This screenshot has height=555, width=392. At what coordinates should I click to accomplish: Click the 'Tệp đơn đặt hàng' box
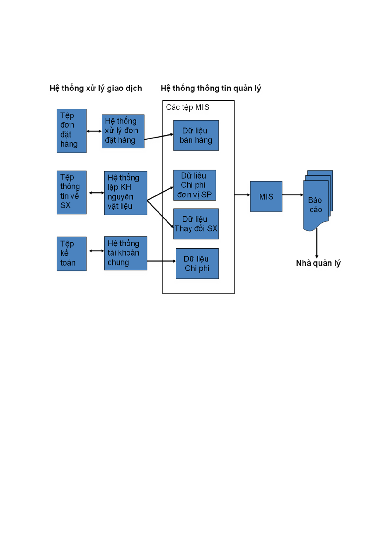pos(71,130)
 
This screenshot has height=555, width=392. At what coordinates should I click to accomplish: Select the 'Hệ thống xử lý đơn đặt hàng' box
pos(123,131)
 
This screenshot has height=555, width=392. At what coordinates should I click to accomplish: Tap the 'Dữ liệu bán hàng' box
pos(196,135)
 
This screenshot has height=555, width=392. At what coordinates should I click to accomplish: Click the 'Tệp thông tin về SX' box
pos(71,192)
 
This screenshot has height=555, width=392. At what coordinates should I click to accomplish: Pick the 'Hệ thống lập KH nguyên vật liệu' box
pos(125,193)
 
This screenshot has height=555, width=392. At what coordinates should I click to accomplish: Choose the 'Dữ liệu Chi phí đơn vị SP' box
pos(195,185)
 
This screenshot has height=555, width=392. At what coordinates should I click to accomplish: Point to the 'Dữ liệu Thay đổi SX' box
pos(196,224)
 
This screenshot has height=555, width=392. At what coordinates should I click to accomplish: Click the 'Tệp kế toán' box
pos(71,254)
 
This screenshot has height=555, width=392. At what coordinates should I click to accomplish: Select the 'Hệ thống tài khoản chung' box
pos(125,253)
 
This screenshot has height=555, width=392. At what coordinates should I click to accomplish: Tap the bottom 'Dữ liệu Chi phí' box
pos(197,264)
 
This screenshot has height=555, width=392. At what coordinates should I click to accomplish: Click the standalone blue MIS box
pos(266,196)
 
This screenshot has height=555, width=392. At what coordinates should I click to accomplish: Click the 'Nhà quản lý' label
pos(318,263)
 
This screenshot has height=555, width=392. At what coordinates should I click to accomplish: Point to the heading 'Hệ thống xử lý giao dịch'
pos(96,88)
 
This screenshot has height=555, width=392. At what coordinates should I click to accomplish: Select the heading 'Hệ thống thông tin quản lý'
pos(211,88)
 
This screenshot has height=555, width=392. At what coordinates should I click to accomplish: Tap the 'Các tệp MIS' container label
pos(188,107)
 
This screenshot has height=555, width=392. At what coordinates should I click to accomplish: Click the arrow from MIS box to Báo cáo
pos(293,195)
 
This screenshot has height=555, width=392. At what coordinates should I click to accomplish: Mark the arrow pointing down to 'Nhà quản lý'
pos(317,243)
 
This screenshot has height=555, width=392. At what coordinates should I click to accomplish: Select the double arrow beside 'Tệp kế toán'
pos(96,251)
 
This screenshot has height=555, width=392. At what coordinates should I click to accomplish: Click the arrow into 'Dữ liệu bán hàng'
pos(159,137)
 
